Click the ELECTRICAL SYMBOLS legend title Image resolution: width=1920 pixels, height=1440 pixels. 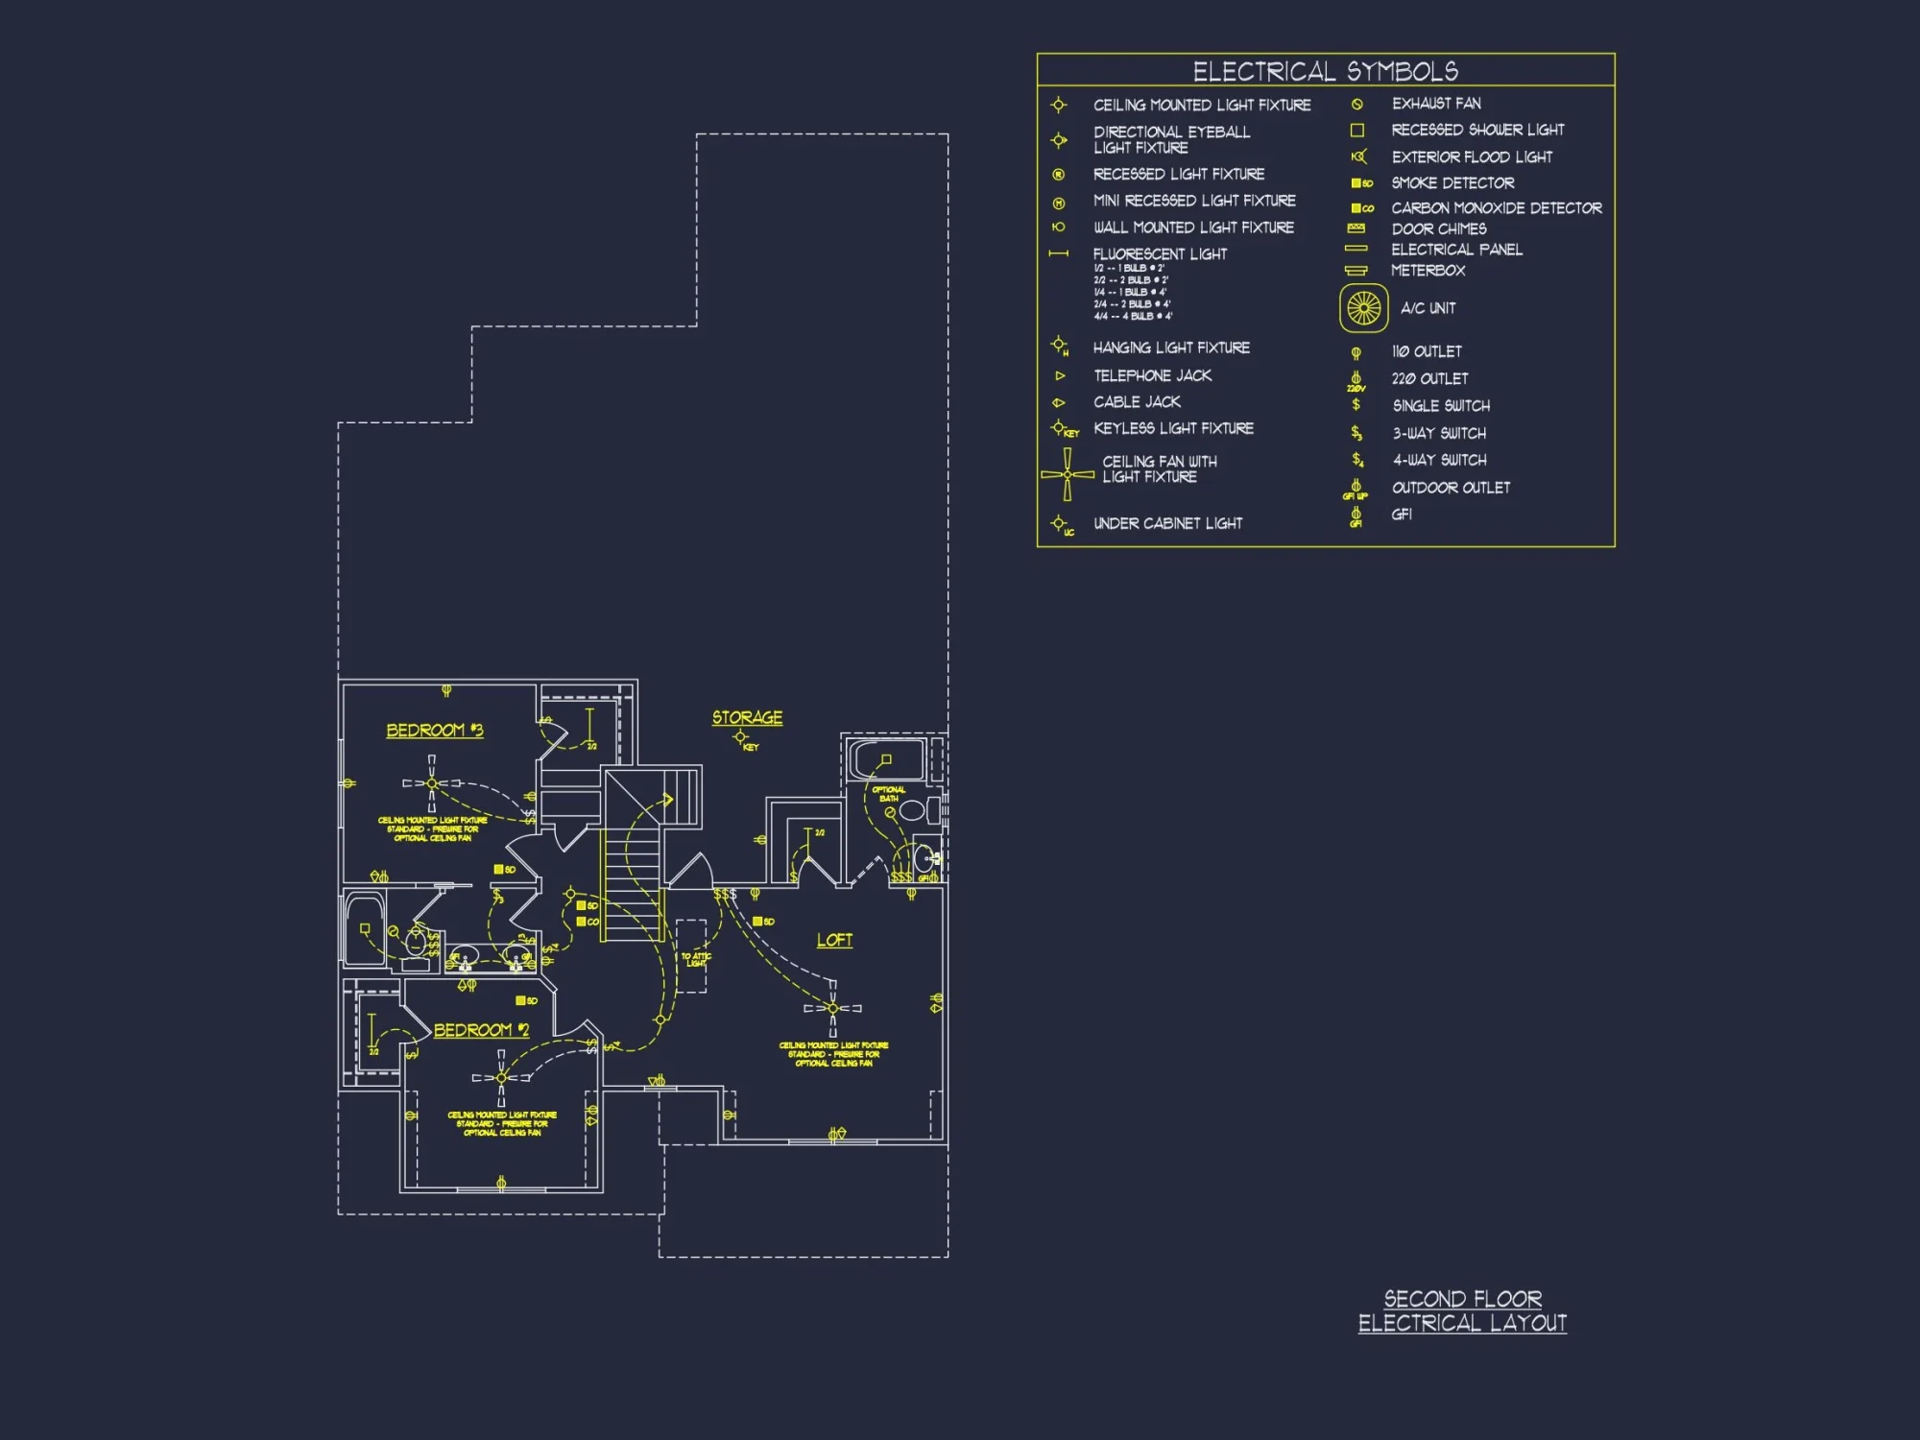point(1325,71)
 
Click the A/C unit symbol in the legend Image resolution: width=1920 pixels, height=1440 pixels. point(1363,308)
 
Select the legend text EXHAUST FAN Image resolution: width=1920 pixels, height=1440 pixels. point(1436,103)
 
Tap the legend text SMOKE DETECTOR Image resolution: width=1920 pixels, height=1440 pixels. point(1452,182)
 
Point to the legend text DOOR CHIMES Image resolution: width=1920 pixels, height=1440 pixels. point(1439,228)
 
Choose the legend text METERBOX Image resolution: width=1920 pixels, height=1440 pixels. point(1428,271)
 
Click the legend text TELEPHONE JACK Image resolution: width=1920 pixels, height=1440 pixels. point(1152,375)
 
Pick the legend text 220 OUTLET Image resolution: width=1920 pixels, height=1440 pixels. point(1429,379)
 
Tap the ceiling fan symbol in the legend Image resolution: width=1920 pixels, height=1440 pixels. point(1067,474)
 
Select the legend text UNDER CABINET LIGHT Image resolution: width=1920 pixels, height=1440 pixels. point(1167,523)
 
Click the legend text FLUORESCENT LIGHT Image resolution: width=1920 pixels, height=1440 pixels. point(1160,254)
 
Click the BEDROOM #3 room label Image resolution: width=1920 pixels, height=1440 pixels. point(434,731)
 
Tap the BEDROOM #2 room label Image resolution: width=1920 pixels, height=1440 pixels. point(481,1030)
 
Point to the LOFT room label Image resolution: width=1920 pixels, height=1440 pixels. point(834,940)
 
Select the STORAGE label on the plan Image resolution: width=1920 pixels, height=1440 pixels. point(747,718)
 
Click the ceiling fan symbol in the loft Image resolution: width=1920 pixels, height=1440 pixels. point(832,1008)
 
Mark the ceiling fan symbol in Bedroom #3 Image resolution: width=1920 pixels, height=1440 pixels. point(431,783)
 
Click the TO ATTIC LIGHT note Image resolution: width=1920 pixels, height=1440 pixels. point(696,959)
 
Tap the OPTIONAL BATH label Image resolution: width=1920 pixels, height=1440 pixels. point(888,794)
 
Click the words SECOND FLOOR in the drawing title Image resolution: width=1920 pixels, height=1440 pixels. point(1462,1299)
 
